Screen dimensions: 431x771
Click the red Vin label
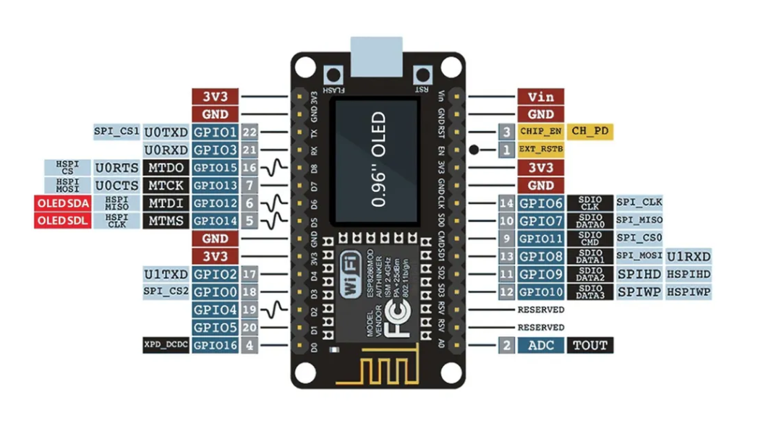coord(540,96)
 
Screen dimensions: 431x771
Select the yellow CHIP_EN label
coord(540,132)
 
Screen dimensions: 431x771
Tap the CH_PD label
coord(589,132)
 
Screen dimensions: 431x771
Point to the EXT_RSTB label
coord(540,150)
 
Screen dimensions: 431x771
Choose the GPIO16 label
coord(215,346)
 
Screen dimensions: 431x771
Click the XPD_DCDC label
coord(166,346)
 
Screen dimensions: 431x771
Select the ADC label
coord(540,346)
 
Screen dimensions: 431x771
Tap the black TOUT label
coord(589,346)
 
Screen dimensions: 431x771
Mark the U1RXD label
coord(689,256)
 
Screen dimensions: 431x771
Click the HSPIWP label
coord(689,292)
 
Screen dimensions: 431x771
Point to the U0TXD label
coord(166,132)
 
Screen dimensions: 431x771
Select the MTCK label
coord(166,186)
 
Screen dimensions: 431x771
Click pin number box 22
coord(250,132)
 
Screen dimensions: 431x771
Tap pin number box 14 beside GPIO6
coord(506,203)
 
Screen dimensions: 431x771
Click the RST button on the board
coord(421,75)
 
